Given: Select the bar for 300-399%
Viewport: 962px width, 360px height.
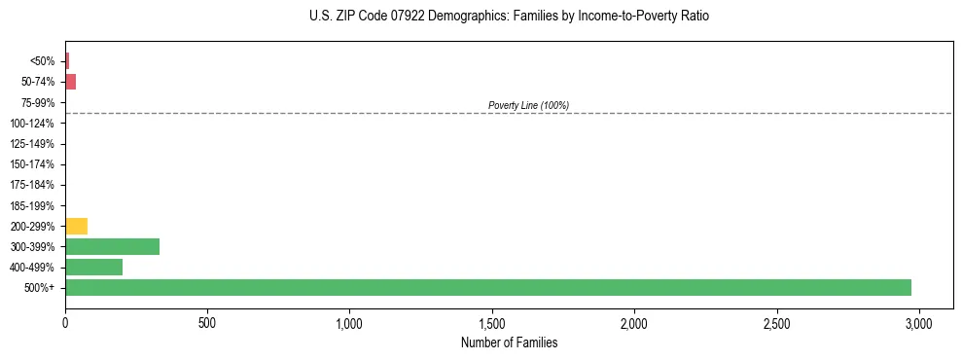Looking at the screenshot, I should [x=112, y=247].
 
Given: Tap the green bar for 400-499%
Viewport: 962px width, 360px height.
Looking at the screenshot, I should [x=93, y=268].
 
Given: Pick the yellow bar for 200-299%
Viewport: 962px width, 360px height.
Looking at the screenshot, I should [x=76, y=227].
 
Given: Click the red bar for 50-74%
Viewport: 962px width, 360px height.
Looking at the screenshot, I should [x=70, y=82].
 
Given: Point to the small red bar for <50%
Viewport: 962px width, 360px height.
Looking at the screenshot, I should [x=67, y=61].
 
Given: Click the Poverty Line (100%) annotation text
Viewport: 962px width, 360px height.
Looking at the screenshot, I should [x=528, y=105].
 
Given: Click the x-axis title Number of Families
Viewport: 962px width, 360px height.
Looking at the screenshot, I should [x=509, y=342].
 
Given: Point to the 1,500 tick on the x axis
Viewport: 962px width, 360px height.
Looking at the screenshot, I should [x=492, y=322].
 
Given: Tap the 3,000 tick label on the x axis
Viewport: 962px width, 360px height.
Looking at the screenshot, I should [x=919, y=322].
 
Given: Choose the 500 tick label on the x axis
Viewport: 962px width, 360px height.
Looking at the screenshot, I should [x=207, y=322].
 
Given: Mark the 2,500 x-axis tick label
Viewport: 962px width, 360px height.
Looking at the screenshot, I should [x=777, y=322].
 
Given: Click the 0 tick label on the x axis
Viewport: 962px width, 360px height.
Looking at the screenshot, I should [x=65, y=322].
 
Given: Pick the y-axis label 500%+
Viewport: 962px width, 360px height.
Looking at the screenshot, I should [x=41, y=288].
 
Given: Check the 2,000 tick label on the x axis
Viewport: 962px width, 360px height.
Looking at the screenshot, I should [x=634, y=322].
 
